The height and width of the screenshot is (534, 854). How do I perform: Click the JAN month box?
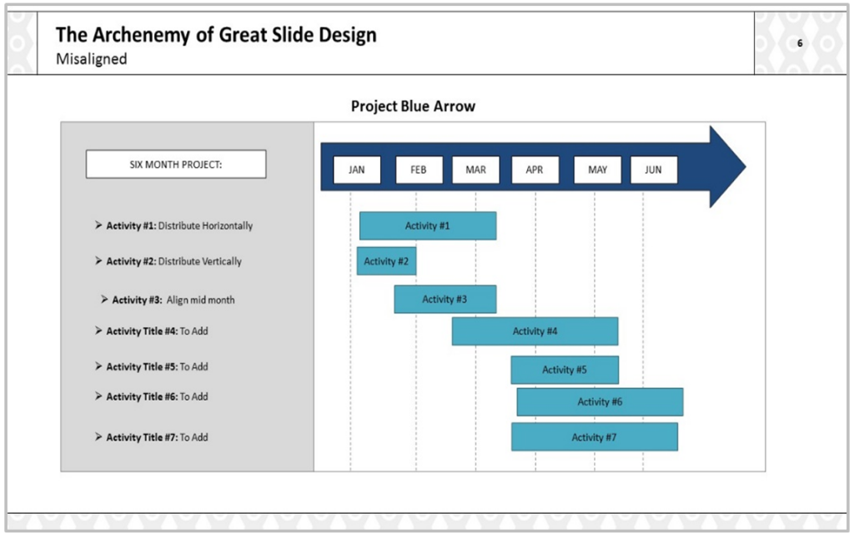[x=357, y=170]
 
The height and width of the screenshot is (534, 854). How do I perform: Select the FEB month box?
[x=419, y=170]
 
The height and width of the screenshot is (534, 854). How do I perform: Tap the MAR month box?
[x=475, y=170]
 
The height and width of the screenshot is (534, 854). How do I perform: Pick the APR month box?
[x=535, y=170]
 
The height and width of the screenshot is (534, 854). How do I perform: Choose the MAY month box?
[x=597, y=170]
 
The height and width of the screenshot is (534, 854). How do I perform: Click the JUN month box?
[x=653, y=170]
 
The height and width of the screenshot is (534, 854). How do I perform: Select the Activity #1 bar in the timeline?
[x=428, y=226]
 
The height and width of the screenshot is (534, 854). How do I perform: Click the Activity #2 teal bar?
[x=386, y=261]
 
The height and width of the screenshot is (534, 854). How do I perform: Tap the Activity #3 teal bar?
[x=445, y=300]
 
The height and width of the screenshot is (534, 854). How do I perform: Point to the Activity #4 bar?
[x=535, y=331]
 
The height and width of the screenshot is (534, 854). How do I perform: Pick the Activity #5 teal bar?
[x=565, y=370]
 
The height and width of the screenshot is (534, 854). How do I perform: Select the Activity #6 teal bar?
[x=600, y=402]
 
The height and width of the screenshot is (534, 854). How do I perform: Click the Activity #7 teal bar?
[x=594, y=437]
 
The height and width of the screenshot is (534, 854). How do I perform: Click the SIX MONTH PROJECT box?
[x=176, y=164]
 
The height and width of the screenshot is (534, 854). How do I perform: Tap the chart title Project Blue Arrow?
[x=413, y=107]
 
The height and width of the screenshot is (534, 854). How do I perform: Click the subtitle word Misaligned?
[x=91, y=59]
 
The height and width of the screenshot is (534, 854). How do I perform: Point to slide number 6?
[x=801, y=43]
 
